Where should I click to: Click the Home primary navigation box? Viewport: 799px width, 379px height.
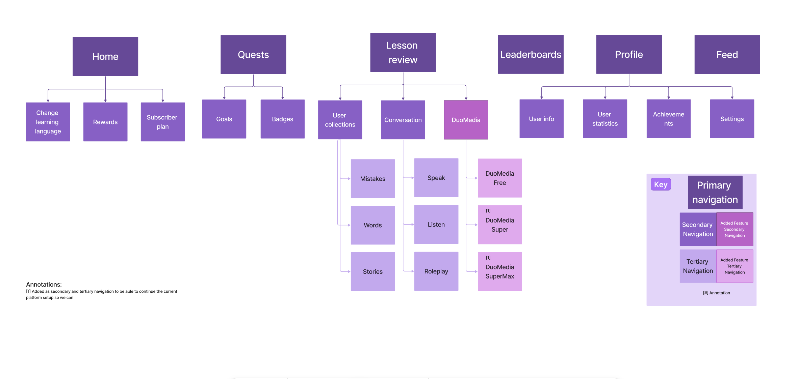point(105,56)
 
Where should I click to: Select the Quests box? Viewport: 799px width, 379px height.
point(253,55)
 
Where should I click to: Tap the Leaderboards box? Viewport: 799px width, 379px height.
point(531,54)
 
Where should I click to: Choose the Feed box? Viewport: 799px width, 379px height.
point(727,55)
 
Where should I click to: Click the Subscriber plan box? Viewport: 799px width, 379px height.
point(162,122)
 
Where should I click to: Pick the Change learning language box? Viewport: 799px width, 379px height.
point(48,122)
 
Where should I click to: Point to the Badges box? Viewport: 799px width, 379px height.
point(282,119)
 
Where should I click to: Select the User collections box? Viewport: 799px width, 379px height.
point(340,120)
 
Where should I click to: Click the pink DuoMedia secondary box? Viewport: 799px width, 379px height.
point(466,120)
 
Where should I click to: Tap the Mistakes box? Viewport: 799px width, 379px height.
point(372,179)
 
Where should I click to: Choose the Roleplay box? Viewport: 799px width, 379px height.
point(436,271)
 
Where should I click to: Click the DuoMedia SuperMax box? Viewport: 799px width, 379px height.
point(499,271)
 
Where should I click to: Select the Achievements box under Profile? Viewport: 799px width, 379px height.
point(668,119)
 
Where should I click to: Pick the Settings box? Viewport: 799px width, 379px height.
point(732,119)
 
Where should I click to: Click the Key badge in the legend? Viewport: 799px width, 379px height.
point(661,184)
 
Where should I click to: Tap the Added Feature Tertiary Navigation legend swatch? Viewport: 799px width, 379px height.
point(734,266)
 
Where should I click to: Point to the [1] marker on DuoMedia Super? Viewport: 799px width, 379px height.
point(488,211)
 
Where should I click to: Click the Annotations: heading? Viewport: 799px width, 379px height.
point(44,284)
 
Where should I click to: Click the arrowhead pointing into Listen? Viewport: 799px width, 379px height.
point(412,225)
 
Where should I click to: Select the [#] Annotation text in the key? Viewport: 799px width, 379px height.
point(716,293)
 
